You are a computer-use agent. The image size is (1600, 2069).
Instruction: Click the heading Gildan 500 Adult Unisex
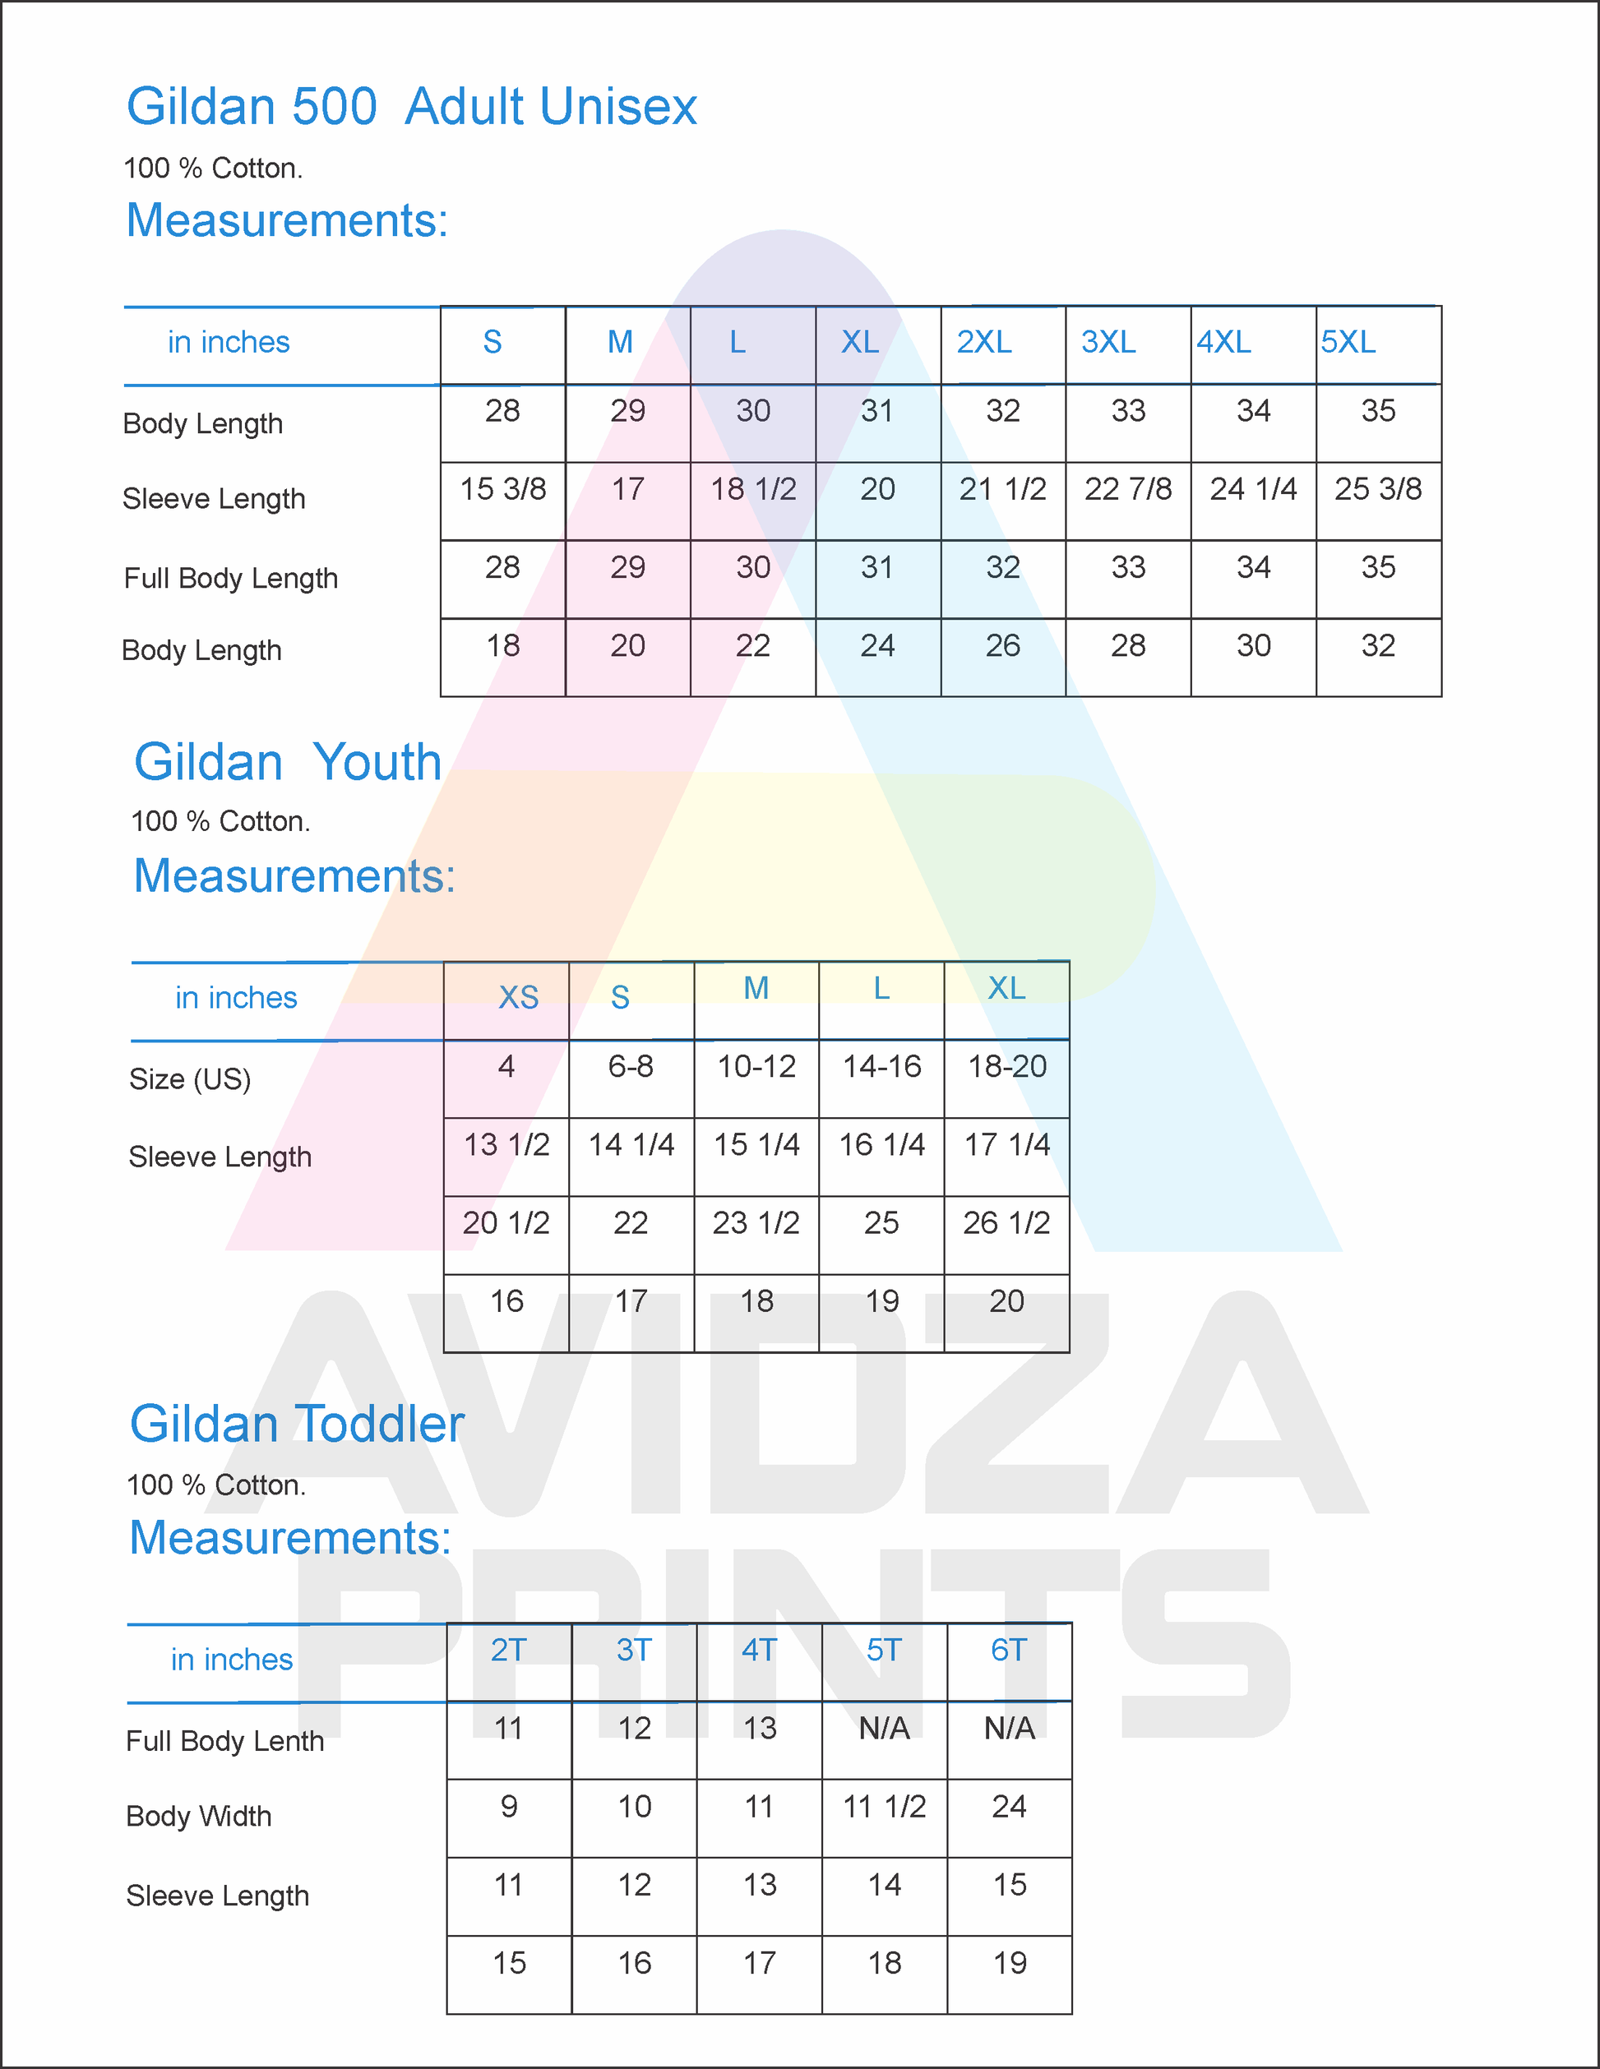click(412, 106)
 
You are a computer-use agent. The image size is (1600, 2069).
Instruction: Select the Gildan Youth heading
click(288, 763)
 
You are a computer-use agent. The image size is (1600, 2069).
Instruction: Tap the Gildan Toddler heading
click(297, 1424)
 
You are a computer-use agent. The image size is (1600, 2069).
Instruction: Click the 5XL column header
click(1348, 342)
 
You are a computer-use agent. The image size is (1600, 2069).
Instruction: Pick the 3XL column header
click(1108, 342)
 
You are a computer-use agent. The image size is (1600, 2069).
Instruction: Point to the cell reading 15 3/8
click(503, 490)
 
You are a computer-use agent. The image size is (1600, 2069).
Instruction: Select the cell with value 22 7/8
click(1128, 490)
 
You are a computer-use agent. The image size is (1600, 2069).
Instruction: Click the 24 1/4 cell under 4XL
click(1253, 490)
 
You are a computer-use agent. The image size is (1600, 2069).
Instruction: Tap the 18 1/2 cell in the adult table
click(753, 490)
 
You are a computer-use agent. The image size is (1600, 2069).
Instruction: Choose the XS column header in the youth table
click(518, 998)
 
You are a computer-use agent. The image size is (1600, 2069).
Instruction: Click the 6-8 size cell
click(631, 1067)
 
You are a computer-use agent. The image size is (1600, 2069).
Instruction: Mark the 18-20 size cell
click(1007, 1067)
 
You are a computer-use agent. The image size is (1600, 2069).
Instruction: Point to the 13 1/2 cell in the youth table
click(506, 1145)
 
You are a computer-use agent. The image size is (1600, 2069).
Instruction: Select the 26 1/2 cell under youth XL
click(1007, 1223)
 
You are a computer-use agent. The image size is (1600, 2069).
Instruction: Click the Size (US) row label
click(191, 1079)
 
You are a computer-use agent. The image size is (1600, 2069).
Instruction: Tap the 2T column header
click(509, 1651)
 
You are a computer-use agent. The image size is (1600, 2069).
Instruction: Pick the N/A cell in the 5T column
click(885, 1729)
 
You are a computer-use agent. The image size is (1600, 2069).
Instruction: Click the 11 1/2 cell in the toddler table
click(885, 1808)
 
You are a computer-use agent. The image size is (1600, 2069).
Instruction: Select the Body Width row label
click(199, 1816)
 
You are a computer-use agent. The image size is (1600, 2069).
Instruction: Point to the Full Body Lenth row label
click(225, 1741)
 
